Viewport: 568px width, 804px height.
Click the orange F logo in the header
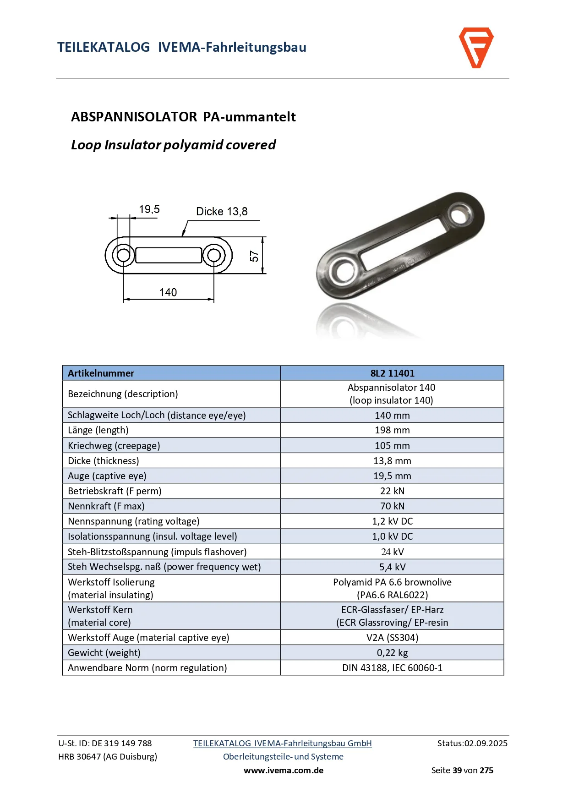tap(476, 48)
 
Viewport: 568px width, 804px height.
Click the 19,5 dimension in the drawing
tap(149, 210)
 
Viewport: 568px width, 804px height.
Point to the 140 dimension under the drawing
tap(168, 292)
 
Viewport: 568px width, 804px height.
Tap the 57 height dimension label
tap(254, 257)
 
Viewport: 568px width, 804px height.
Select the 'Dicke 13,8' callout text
tap(222, 212)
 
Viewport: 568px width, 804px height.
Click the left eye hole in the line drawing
tap(123, 255)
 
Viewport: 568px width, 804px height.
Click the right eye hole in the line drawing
tap(213, 255)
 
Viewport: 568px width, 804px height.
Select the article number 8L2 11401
tap(392, 373)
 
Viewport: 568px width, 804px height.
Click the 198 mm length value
tap(392, 430)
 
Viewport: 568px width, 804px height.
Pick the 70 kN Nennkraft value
tap(392, 506)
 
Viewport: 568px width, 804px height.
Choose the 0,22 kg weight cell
tap(392, 653)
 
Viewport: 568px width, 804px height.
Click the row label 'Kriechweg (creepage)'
tap(114, 446)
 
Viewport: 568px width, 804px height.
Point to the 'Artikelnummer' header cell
tap(101, 373)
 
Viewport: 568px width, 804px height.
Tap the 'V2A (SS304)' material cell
tap(392, 638)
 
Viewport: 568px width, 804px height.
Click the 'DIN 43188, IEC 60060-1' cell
tap(392, 668)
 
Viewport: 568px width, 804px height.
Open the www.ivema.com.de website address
tap(284, 771)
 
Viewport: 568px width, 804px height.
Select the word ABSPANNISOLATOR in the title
tap(134, 117)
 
